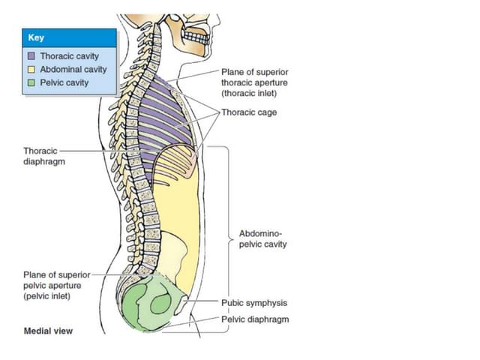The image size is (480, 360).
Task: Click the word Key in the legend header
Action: [x=34, y=38]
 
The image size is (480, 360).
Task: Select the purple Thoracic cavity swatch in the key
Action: [x=31, y=56]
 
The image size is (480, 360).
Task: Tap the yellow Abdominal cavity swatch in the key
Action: [x=31, y=70]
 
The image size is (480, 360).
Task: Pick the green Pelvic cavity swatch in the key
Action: [x=31, y=83]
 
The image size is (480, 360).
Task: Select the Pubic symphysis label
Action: [x=254, y=303]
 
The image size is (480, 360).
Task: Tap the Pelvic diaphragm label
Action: [x=255, y=319]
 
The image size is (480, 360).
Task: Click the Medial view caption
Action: [x=49, y=331]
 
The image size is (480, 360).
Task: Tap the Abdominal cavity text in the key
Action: [x=73, y=70]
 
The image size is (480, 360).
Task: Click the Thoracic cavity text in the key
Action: [x=70, y=56]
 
